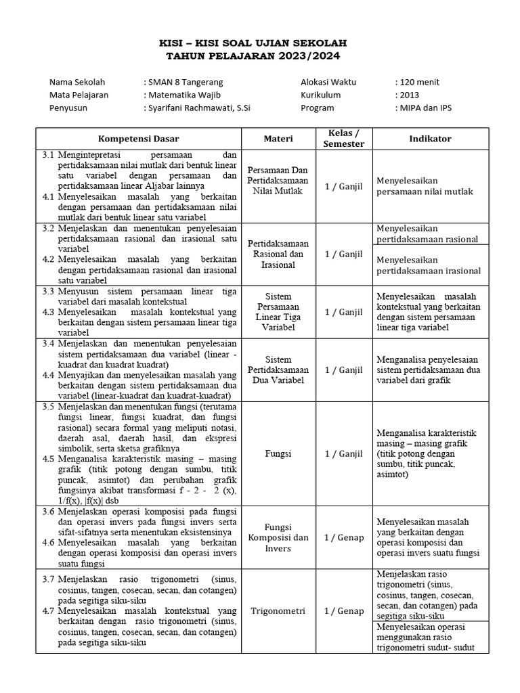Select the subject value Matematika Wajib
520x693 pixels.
[183, 95]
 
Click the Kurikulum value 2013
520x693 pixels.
[409, 95]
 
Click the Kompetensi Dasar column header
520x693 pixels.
[137, 139]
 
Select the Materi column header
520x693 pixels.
[278, 139]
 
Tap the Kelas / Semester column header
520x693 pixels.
[344, 138]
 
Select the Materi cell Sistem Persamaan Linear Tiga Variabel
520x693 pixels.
[278, 312]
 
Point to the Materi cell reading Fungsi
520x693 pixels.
[278, 453]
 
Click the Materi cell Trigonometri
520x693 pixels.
[278, 610]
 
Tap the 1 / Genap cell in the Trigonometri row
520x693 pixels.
[344, 611]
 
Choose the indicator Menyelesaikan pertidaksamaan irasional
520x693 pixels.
[429, 265]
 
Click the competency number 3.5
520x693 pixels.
[47, 407]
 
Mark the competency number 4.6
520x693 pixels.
[47, 543]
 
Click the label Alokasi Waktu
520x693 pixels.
[328, 82]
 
